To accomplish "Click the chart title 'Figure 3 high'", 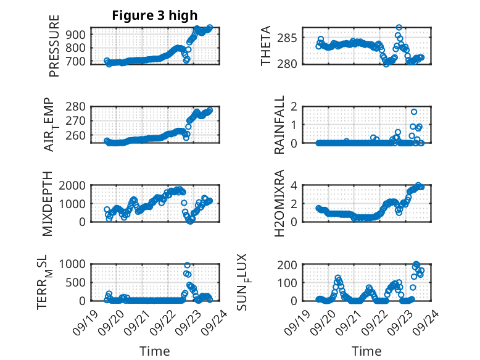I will (x=154, y=15).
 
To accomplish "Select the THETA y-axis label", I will (x=265, y=46).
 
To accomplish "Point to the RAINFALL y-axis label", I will (x=279, y=125).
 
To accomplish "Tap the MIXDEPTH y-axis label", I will (x=48, y=204).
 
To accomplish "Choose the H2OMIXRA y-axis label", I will (x=279, y=203).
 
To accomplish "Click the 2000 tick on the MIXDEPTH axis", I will (x=75, y=185).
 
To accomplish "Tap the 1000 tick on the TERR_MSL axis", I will (x=75, y=264).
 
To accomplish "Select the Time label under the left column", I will (x=154, y=351).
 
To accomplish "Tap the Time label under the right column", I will (x=366, y=351).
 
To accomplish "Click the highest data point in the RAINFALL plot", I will (x=414, y=112).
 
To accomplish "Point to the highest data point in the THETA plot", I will (x=399, y=28).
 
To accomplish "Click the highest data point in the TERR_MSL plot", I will (x=187, y=265).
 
